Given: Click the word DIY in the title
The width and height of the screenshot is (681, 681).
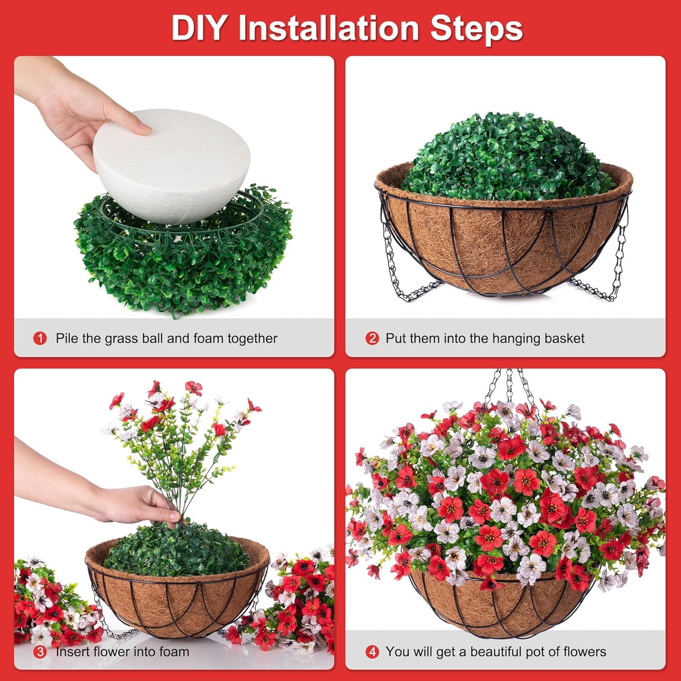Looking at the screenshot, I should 199,28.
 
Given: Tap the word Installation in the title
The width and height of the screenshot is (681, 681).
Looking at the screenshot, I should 328,28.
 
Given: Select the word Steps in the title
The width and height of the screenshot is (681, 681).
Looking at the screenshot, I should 476,28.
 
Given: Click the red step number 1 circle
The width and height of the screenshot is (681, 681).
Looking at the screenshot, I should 40,338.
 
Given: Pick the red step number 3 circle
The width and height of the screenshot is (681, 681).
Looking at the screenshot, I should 40,652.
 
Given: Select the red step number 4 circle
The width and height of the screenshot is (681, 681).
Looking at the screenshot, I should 372,652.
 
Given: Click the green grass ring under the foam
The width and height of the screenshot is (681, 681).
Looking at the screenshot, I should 182,263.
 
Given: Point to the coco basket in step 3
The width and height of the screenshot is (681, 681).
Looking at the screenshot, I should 177,599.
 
